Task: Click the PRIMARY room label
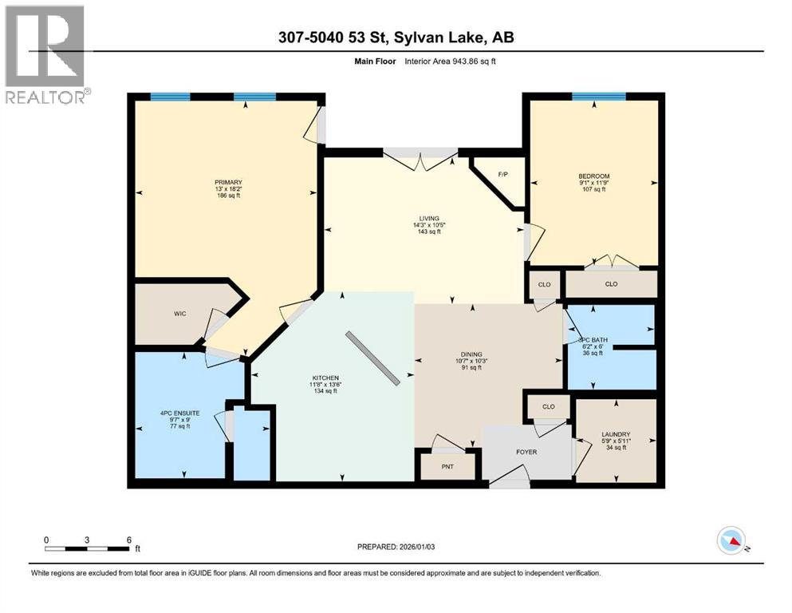(x=228, y=182)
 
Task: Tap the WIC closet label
(x=179, y=314)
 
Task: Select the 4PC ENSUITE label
(x=179, y=413)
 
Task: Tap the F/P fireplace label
(x=502, y=174)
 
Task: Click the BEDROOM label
(x=594, y=176)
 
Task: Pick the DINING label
(x=471, y=355)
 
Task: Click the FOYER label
(x=526, y=452)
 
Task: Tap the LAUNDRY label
(x=615, y=436)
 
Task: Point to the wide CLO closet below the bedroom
(x=611, y=283)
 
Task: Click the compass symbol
(x=731, y=542)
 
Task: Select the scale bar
(x=88, y=547)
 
